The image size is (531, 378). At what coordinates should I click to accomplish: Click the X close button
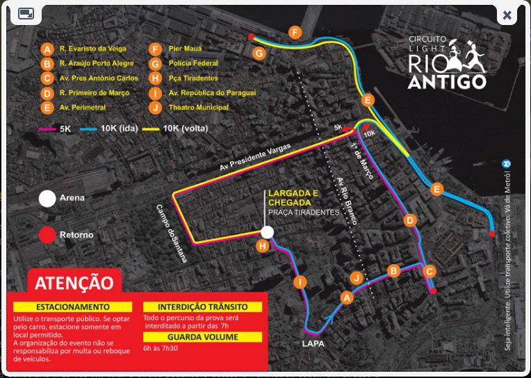507,15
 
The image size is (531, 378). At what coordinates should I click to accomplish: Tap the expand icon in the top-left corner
26,14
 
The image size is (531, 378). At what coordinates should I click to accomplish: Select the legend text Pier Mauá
184,49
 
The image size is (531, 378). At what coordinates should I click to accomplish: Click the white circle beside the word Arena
47,198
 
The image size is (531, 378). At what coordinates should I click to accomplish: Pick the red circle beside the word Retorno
47,235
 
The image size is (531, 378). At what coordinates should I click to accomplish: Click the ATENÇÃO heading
74,283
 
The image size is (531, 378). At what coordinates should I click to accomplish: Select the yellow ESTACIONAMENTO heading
72,306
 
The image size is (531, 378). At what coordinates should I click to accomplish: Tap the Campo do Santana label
172,233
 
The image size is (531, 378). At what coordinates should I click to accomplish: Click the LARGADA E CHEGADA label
304,197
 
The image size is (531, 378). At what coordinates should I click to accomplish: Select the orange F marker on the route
295,33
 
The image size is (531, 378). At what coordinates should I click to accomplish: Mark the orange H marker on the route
263,246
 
